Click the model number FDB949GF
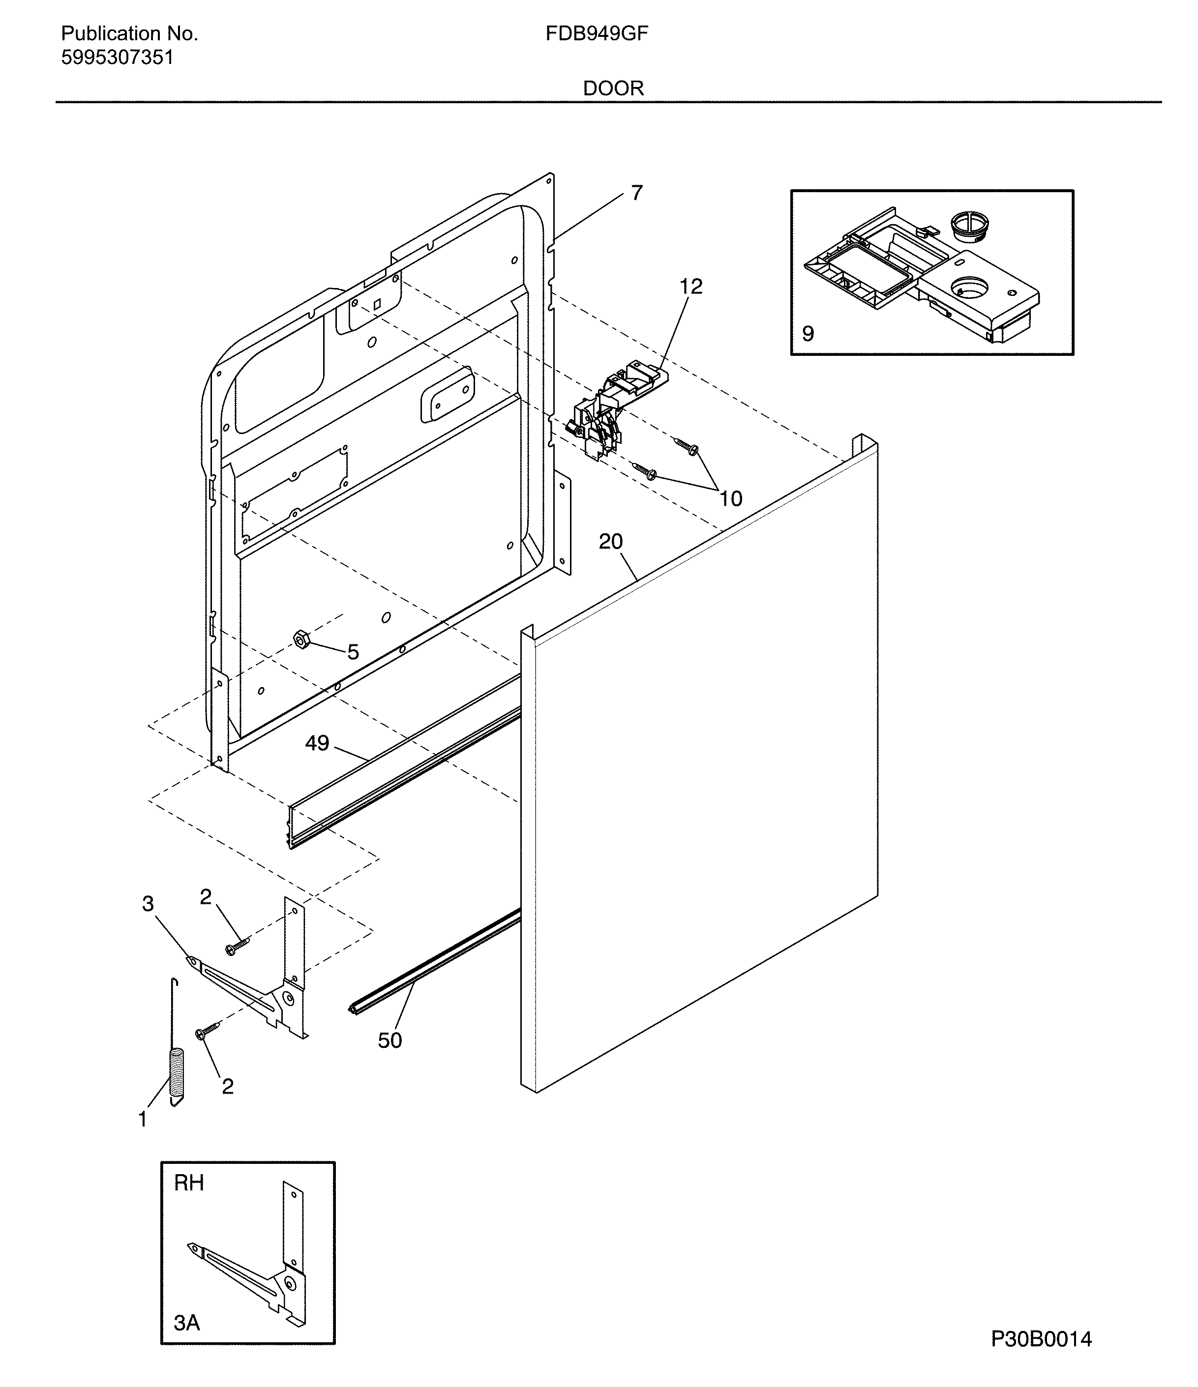[x=596, y=33]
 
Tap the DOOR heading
[x=613, y=88]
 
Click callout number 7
[x=636, y=193]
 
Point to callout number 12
[x=690, y=287]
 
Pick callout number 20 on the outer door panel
[x=610, y=541]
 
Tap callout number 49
[x=317, y=743]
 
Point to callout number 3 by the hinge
[x=148, y=904]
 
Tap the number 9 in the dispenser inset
[x=809, y=333]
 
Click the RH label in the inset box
[x=189, y=1183]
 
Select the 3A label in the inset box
[x=187, y=1323]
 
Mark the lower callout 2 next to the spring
[x=228, y=1086]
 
